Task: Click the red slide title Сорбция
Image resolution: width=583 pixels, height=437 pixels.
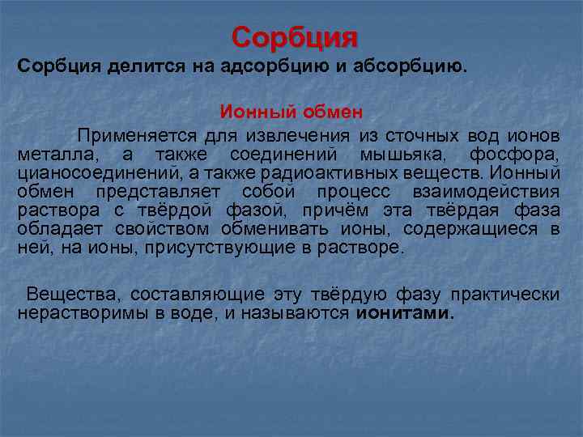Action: [x=294, y=36]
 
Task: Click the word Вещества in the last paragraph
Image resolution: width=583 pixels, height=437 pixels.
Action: [x=66, y=294]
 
